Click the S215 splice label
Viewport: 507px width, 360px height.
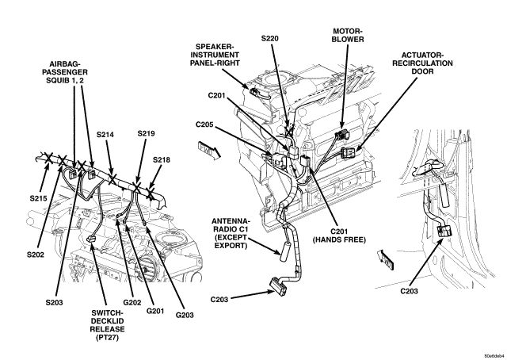[x=39, y=198]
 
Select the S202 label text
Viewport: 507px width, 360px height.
[x=35, y=255]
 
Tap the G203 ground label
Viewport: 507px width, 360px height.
[x=185, y=315]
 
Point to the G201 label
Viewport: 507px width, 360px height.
[x=155, y=311]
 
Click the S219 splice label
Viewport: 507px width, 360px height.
[x=146, y=133]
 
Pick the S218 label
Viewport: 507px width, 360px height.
[x=162, y=160]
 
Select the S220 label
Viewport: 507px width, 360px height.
[x=269, y=39]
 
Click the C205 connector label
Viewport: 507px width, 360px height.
[x=204, y=124]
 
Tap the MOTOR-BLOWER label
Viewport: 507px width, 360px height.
[x=348, y=36]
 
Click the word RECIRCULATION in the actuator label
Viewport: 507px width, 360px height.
[x=422, y=63]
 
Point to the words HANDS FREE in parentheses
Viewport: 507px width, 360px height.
[x=339, y=240]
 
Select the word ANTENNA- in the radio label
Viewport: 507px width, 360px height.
[x=231, y=221]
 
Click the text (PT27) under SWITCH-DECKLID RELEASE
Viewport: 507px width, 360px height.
[x=108, y=337]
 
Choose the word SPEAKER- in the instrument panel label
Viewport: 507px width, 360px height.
[x=215, y=47]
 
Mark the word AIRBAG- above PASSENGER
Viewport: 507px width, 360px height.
[x=65, y=64]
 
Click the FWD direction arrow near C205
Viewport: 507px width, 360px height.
[x=209, y=150]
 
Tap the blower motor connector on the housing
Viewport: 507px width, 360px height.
[x=342, y=134]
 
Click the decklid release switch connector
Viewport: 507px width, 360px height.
[x=91, y=239]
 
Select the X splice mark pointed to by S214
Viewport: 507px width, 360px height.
[x=112, y=178]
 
